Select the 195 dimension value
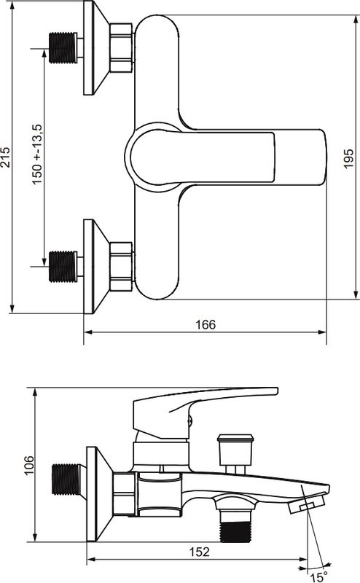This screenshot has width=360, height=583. pyautogui.click(x=348, y=159)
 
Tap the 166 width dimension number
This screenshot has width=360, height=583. pyautogui.click(x=206, y=324)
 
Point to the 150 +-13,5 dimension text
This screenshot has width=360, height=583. pyautogui.click(x=38, y=154)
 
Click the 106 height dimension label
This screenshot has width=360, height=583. pyautogui.click(x=28, y=465)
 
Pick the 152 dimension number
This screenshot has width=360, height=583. pyautogui.click(x=200, y=552)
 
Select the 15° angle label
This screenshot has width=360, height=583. pyautogui.click(x=318, y=577)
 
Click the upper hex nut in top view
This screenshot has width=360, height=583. pyautogui.click(x=121, y=48)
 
